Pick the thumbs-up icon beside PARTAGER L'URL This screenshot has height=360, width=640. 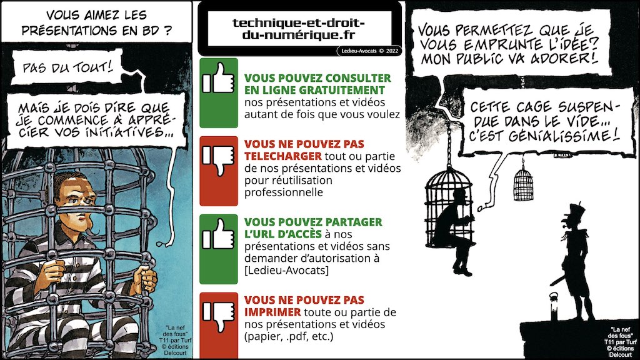(x=219, y=235)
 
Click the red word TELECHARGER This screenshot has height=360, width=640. (x=283, y=156)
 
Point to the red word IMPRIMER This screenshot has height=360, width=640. (x=272, y=312)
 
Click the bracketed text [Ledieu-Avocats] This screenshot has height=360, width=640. (x=286, y=270)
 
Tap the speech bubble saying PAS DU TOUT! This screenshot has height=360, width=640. (x=67, y=66)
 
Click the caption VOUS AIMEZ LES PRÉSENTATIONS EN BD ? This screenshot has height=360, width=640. (x=96, y=22)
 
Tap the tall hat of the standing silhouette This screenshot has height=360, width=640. (x=574, y=211)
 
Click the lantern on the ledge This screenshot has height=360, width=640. (x=554, y=306)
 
